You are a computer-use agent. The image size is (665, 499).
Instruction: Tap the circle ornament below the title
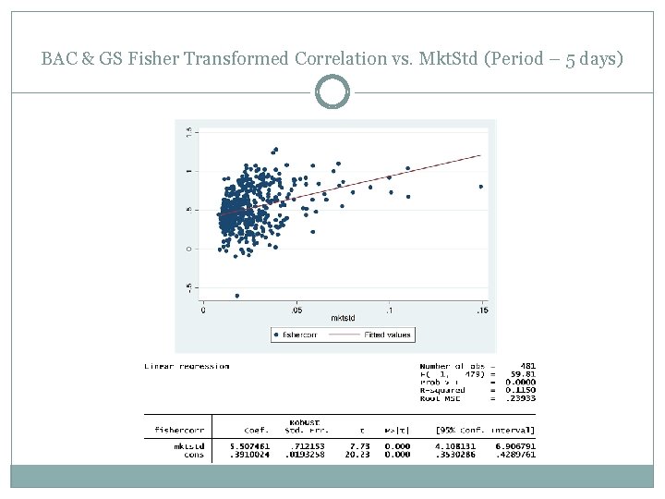[332, 92]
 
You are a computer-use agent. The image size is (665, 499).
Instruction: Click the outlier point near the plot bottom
[237, 296]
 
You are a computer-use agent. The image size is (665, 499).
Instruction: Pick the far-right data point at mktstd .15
[481, 187]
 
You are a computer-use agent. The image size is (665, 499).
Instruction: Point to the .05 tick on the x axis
[296, 310]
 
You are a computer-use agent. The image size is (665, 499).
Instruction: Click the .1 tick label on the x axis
[389, 310]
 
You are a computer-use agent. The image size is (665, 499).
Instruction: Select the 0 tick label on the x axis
[203, 310]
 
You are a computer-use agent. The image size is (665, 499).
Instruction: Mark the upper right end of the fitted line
[480, 155]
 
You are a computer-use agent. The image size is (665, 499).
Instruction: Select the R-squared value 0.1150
[522, 391]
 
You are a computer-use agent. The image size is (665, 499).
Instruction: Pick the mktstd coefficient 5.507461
[250, 446]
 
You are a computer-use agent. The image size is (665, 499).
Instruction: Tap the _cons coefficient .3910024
[250, 455]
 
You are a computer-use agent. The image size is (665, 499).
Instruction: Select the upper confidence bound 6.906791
[516, 446]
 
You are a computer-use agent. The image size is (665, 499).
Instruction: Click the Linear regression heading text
[187, 366]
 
